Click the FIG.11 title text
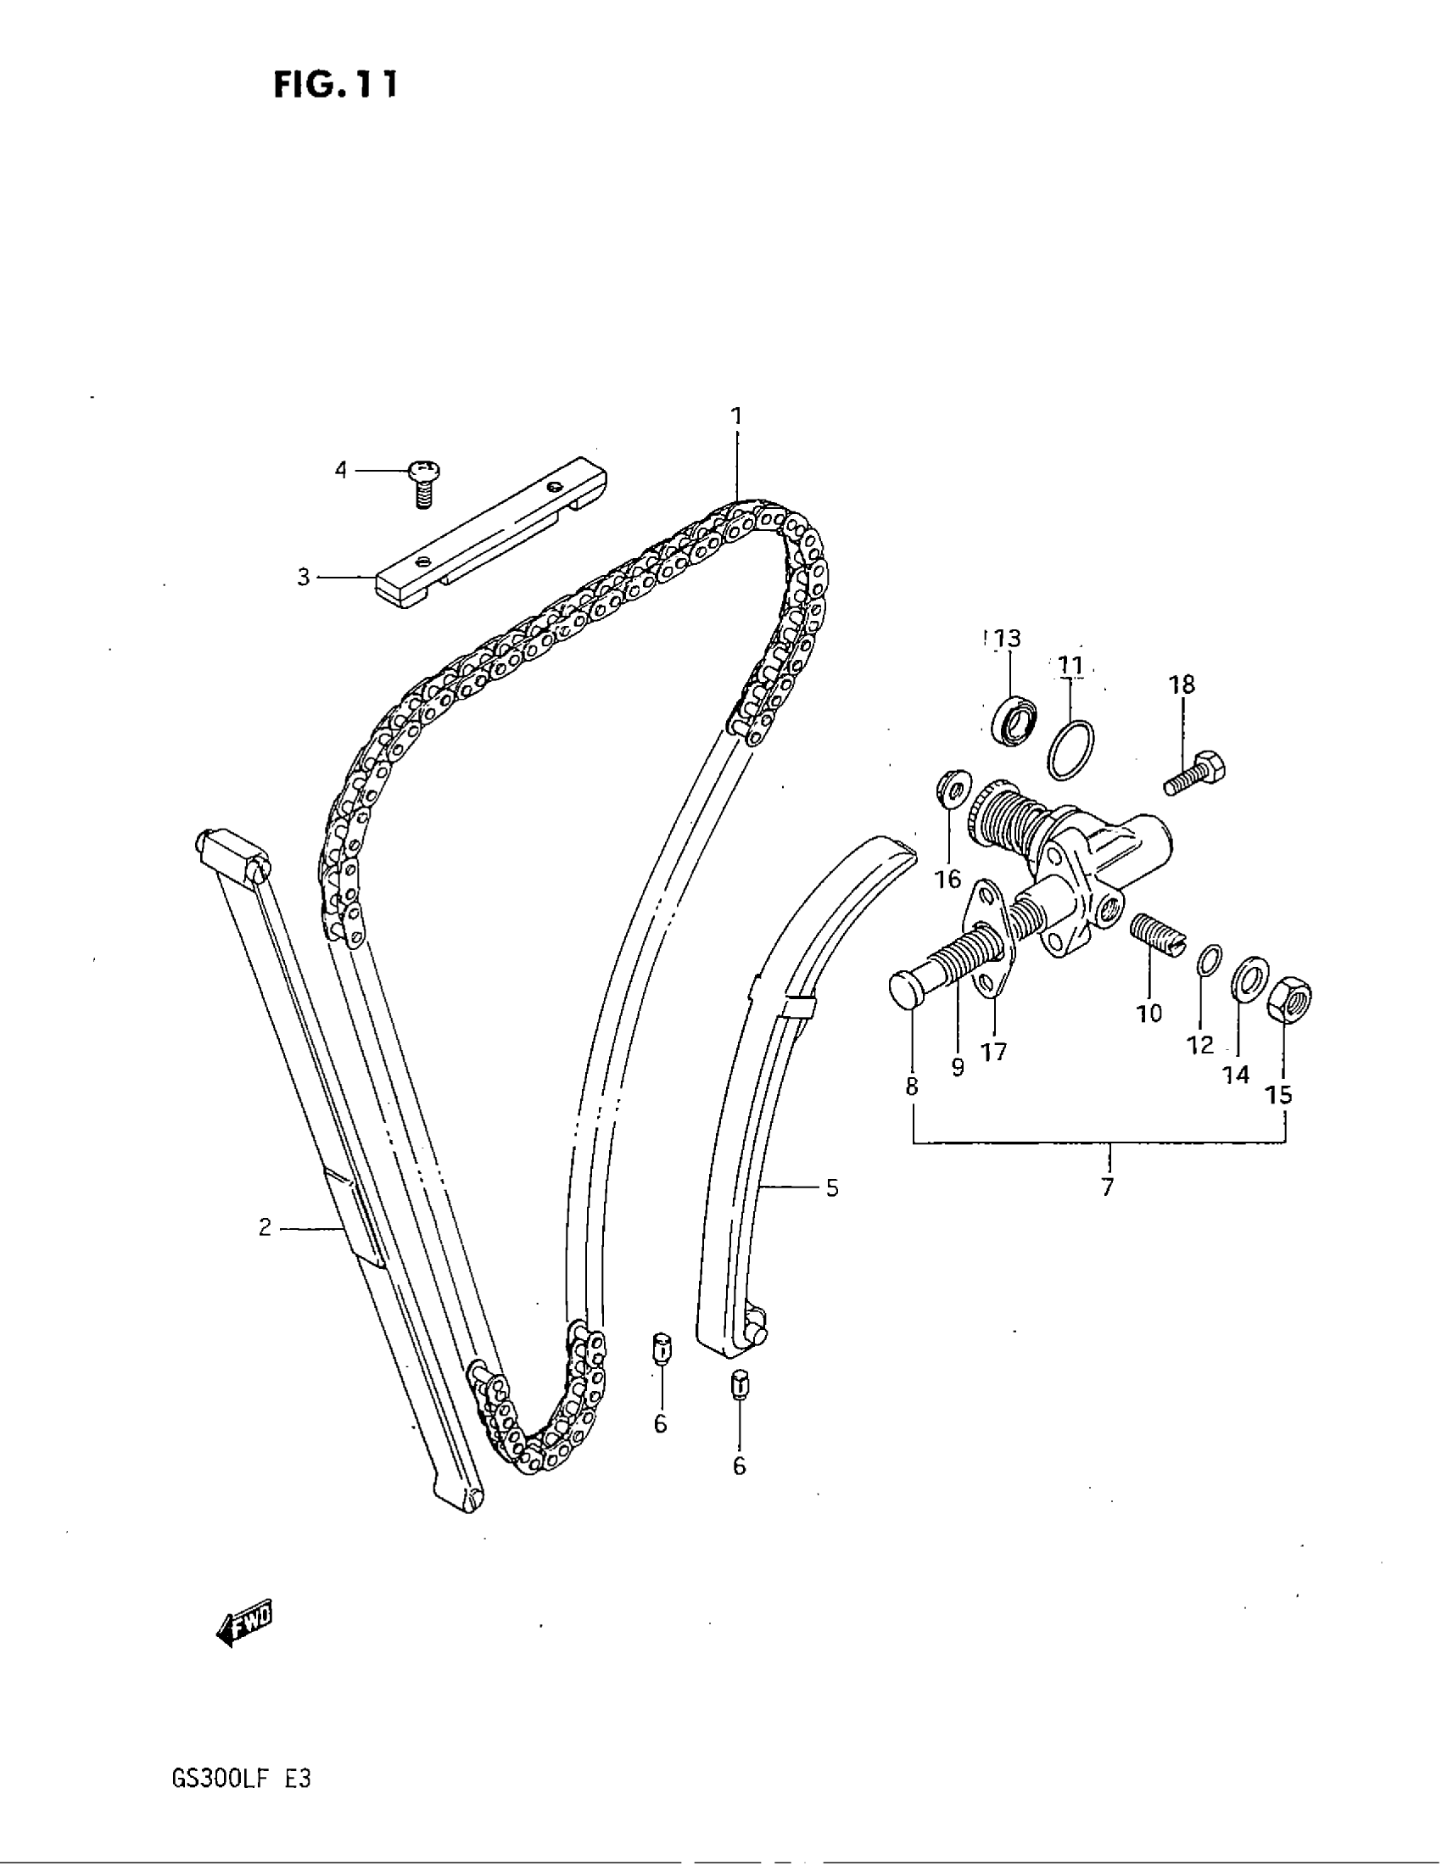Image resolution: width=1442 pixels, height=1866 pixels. click(x=335, y=86)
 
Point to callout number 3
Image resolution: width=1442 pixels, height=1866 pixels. click(x=304, y=578)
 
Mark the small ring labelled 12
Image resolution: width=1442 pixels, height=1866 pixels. click(x=1205, y=958)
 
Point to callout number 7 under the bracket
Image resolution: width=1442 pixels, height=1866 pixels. click(x=1108, y=1187)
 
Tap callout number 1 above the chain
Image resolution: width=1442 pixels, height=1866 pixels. click(x=735, y=416)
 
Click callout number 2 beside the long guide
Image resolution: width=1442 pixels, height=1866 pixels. click(x=265, y=1228)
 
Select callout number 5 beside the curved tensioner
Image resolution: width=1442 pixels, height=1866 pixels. click(x=832, y=1187)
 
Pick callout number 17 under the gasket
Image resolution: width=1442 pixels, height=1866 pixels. click(x=994, y=1052)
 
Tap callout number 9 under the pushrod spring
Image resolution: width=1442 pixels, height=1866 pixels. click(x=958, y=1066)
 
